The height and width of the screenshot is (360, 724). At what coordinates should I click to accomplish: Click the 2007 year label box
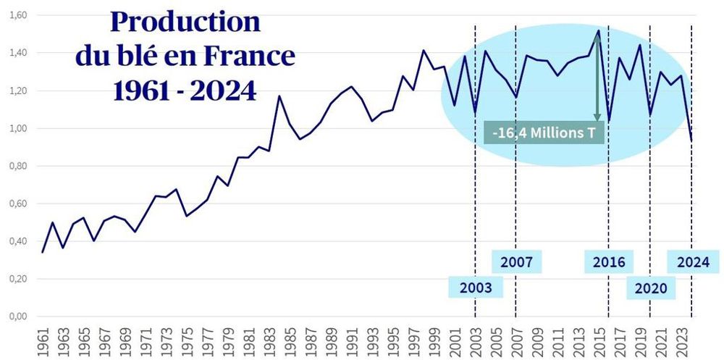pos(516,261)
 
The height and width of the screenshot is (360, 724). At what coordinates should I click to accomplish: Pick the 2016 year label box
pos(609,261)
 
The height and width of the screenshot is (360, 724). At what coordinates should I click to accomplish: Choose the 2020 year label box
pos(651,288)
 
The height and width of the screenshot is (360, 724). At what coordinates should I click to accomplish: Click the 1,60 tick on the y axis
pos(17,15)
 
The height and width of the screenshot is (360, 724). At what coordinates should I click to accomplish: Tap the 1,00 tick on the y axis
pos(17,128)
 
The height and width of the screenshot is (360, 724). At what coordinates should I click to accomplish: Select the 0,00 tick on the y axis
pos(17,317)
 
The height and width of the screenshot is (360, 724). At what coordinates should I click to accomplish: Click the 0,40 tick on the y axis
pos(17,241)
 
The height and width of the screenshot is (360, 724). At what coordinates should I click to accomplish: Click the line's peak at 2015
pos(598,30)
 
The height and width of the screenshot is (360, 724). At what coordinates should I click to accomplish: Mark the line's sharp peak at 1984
pos(279,96)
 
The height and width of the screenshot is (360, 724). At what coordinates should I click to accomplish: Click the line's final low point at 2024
pos(691,141)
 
